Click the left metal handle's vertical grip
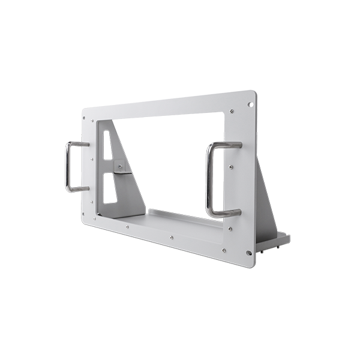click(x=68, y=167)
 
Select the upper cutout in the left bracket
click(x=109, y=148)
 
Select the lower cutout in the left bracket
click(x=109, y=187)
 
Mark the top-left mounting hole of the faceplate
click(x=88, y=113)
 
